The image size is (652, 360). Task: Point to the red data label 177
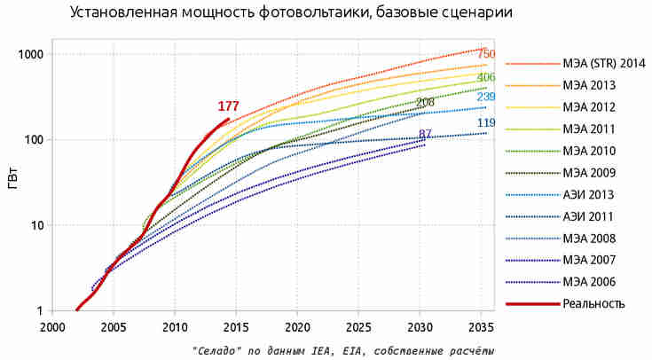point(229,106)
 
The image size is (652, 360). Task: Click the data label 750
point(486,55)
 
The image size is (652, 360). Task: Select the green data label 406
point(486,78)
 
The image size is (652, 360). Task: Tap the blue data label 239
point(486,97)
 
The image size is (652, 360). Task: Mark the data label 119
point(486,123)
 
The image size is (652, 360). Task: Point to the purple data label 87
point(425,134)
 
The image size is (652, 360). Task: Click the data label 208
point(425,104)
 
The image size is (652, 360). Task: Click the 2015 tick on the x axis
point(236,326)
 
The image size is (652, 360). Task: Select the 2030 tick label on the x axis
point(420,326)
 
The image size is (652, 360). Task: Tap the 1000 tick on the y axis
point(30,55)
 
